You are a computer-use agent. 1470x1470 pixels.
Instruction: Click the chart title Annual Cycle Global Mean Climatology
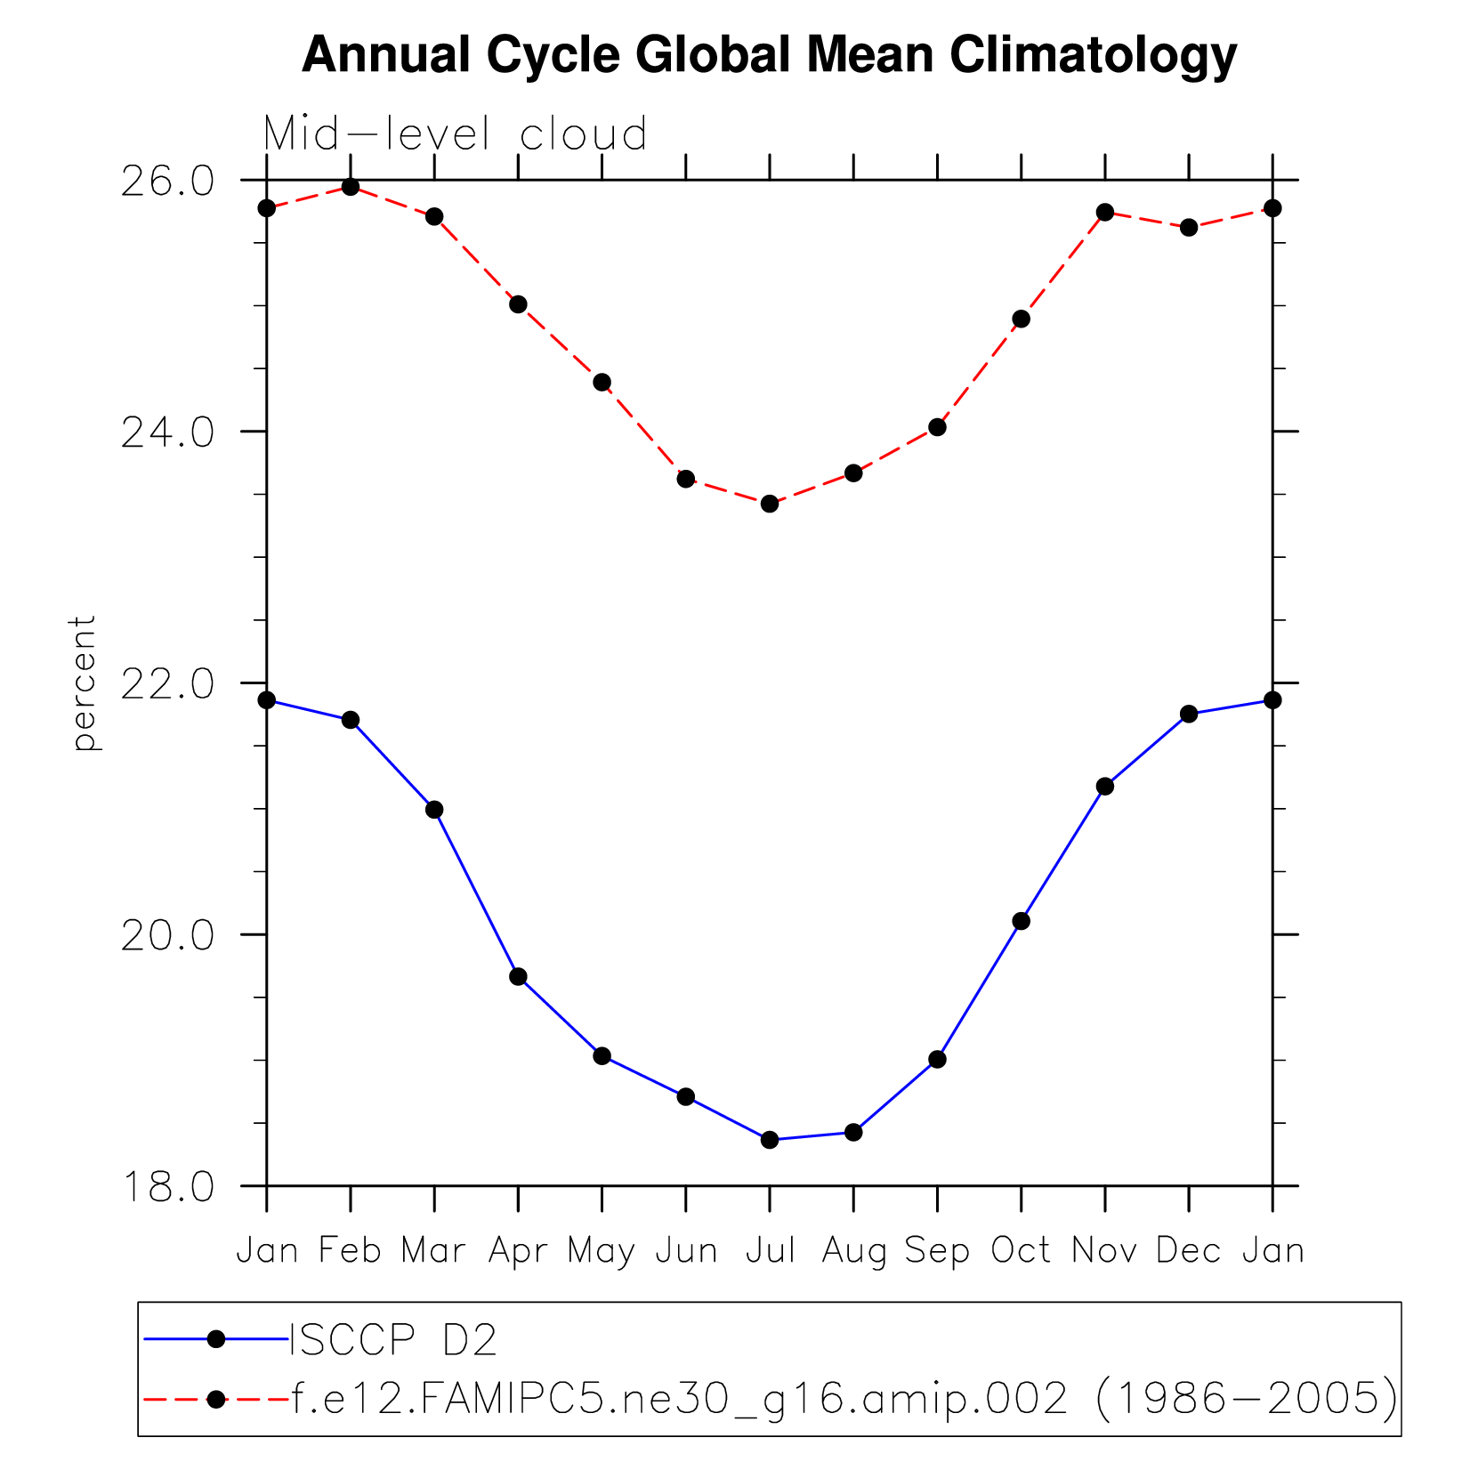tap(769, 55)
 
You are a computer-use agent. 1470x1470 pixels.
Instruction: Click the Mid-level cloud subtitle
tap(455, 135)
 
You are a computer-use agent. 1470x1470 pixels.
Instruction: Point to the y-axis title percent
tap(84, 682)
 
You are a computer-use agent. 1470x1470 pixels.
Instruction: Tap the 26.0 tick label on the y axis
tap(167, 181)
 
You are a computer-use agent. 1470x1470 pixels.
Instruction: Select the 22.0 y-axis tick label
tap(167, 683)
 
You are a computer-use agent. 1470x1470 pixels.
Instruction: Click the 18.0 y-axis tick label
tap(167, 1187)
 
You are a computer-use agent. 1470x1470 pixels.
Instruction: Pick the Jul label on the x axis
tap(770, 1251)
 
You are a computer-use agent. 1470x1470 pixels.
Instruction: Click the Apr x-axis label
tap(518, 1251)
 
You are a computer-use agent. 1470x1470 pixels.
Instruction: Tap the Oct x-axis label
tap(1021, 1251)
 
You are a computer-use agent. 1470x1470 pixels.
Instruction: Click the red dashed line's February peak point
tap(351, 187)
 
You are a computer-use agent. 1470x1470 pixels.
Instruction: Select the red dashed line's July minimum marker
tap(770, 504)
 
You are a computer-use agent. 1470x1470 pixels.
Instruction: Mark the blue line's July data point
tap(770, 1140)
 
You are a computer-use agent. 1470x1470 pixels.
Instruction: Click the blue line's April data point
tap(518, 977)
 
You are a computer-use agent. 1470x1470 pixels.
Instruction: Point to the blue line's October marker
tap(1021, 921)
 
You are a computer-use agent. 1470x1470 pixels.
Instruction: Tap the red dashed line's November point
tap(1105, 212)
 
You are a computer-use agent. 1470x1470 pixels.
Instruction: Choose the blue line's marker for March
tap(434, 810)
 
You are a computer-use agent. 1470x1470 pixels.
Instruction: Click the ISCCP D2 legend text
tap(392, 1340)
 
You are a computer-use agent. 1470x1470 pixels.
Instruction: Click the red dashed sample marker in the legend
tap(215, 1400)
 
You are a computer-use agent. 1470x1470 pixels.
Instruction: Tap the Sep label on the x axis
tap(937, 1251)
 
